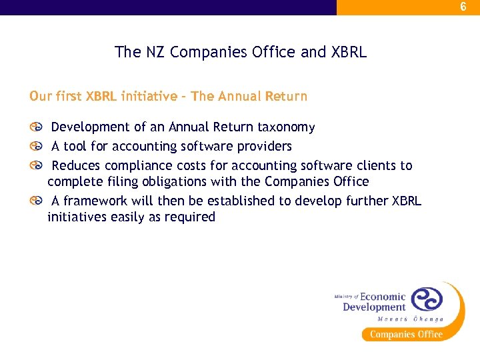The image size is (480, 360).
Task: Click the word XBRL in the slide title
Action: click(x=348, y=52)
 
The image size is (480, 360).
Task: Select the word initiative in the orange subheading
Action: click(x=150, y=96)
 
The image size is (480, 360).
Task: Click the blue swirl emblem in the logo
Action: click(x=426, y=299)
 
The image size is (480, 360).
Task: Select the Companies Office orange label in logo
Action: click(x=406, y=335)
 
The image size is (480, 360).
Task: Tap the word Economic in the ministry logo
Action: click(x=383, y=297)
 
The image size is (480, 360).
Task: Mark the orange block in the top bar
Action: click(x=408, y=7)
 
